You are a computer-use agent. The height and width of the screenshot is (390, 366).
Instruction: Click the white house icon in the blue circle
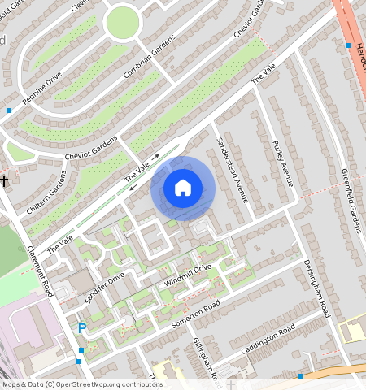[183, 188]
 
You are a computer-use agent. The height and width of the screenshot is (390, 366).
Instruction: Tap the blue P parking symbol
[81, 327]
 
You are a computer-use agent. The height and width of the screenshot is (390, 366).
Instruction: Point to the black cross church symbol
[4, 180]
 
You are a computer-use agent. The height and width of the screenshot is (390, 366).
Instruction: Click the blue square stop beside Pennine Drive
[9, 110]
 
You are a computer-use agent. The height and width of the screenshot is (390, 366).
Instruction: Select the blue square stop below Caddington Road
[299, 375]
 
